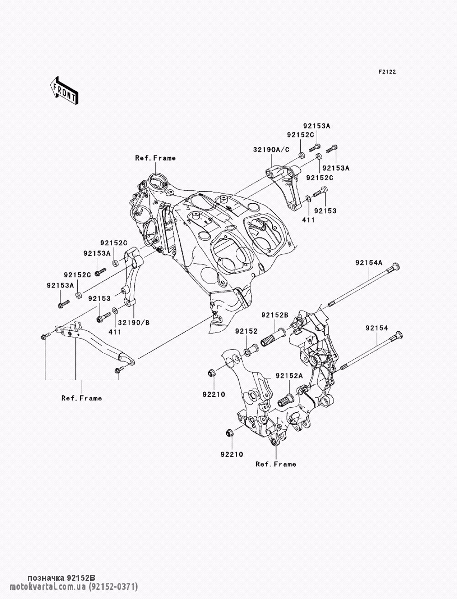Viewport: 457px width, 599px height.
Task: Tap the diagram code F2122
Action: pos(387,72)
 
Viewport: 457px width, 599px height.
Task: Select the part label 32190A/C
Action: pos(271,150)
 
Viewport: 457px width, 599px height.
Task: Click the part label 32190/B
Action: pos(133,323)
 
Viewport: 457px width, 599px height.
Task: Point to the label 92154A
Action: pos(369,263)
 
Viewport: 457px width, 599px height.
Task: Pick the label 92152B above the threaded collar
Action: pos(275,315)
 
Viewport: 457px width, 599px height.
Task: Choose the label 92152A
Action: pos(289,376)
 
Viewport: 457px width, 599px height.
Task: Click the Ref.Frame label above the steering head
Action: pos(155,158)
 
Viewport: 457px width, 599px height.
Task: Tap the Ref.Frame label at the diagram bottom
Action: pos(276,464)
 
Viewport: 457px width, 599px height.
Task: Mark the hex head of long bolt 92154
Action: pos(399,335)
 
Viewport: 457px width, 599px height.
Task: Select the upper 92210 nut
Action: pos(212,373)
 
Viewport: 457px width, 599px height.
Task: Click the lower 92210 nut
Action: pos(229,433)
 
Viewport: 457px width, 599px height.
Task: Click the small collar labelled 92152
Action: pos(251,350)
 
